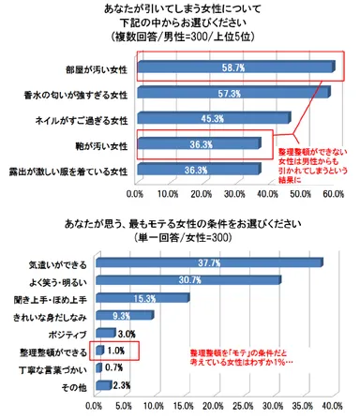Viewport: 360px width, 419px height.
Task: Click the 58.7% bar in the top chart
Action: tap(234, 68)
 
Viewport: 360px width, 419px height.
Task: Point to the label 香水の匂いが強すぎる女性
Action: tap(76, 94)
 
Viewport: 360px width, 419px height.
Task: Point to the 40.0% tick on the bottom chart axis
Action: tap(330, 408)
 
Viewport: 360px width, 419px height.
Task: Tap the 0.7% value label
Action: tap(114, 367)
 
